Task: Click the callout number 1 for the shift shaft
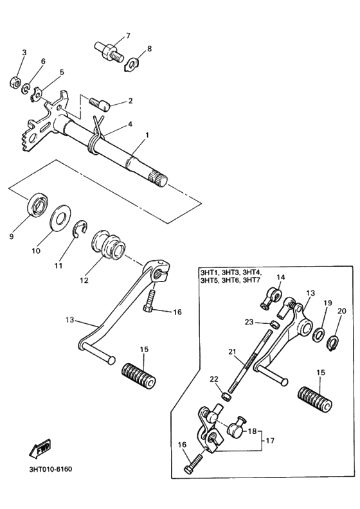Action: coord(147,135)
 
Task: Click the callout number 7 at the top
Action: coord(127,35)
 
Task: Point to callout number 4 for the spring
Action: coord(130,123)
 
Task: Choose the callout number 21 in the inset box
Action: coord(233,352)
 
